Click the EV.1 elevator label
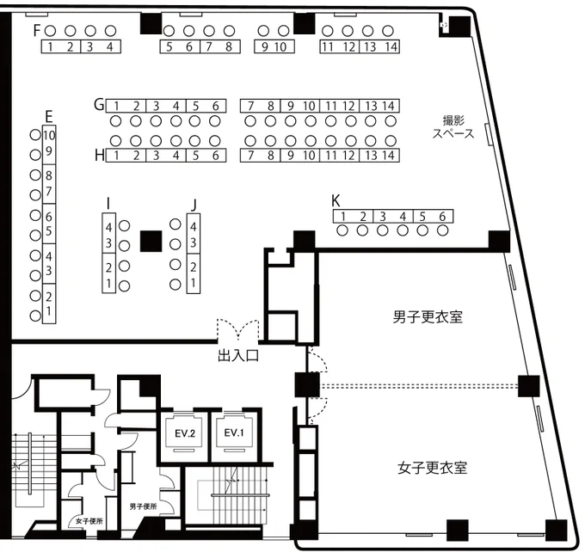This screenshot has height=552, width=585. point(234,432)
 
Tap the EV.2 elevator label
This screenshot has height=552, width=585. point(185,433)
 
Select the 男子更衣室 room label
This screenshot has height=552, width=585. point(428,317)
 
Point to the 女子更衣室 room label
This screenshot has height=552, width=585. point(433,468)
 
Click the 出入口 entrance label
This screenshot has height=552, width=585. point(238,356)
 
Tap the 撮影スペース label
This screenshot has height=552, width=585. point(453,126)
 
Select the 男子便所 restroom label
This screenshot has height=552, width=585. point(144,506)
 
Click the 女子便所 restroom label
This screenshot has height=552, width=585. point(89,521)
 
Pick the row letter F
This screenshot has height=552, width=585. point(36,30)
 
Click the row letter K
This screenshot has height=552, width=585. point(336,200)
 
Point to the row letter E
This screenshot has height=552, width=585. point(49,117)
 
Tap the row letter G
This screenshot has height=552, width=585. point(99,105)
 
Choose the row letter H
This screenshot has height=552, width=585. point(99,155)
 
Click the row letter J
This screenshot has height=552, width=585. point(194,205)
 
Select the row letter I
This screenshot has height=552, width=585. point(108,204)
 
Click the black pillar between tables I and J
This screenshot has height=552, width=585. point(151,241)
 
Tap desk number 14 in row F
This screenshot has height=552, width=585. point(391,46)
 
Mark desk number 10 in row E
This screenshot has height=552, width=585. point(49,135)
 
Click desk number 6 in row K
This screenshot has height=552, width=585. point(442,217)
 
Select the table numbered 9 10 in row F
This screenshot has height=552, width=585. point(274,46)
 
